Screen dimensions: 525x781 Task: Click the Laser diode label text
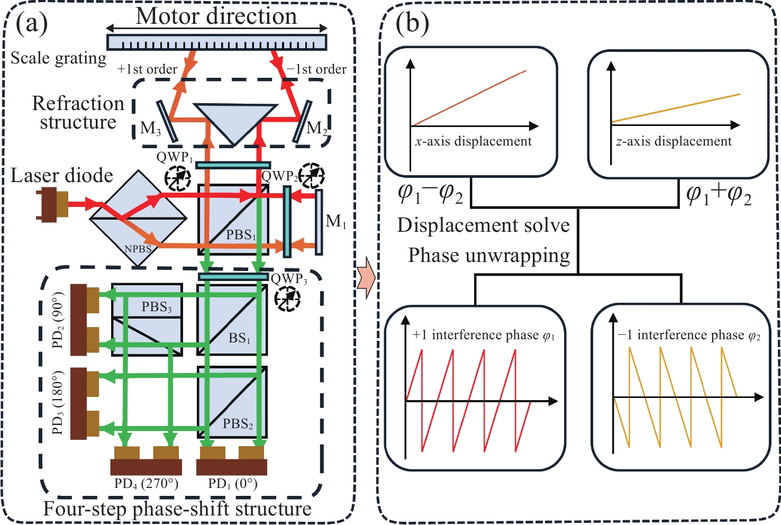[x=62, y=176]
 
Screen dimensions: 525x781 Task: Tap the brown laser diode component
[x=51, y=204]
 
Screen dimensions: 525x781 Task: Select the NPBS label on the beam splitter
[x=138, y=249]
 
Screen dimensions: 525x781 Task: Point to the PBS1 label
[x=241, y=234]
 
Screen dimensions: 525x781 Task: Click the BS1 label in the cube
[x=240, y=338]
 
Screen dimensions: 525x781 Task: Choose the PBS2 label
[x=238, y=424]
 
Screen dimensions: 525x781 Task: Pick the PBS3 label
[x=157, y=307]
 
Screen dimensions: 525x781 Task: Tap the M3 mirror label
[x=150, y=129]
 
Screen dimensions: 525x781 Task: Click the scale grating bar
[x=216, y=42]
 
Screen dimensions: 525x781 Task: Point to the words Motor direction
[x=216, y=16]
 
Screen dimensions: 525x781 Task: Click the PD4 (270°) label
[x=146, y=484]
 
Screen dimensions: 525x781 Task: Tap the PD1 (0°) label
[x=232, y=484]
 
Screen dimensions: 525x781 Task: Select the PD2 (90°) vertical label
[x=58, y=320]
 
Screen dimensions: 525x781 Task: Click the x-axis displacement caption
[x=474, y=142]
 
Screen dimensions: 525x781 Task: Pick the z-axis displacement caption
[x=674, y=142]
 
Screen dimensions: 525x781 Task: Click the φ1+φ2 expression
[x=719, y=195]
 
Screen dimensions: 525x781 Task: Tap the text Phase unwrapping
[x=489, y=256]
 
